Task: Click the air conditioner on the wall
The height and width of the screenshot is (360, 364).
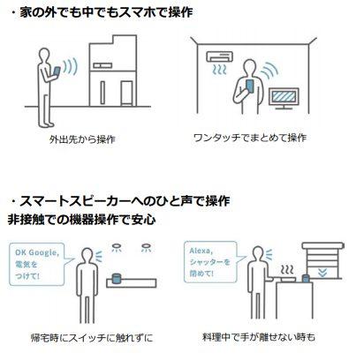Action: coord(220,56)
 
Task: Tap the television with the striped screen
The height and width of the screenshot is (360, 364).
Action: coord(284,98)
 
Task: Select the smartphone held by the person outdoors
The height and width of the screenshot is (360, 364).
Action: coord(57,71)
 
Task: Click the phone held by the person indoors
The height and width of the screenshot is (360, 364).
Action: coord(250,86)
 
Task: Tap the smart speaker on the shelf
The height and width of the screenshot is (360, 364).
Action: coord(117,279)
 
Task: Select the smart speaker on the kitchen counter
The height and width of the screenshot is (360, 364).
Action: coord(307,278)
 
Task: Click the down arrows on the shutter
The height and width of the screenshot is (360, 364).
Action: coord(322,274)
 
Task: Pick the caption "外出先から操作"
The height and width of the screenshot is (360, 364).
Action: coord(82,139)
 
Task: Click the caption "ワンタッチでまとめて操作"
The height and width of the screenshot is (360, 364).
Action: coord(250,138)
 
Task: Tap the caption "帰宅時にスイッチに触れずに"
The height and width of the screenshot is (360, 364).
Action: coord(92,337)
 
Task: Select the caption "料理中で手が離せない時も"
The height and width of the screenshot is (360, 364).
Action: coord(259,336)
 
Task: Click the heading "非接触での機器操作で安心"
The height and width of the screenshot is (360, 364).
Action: coord(81,219)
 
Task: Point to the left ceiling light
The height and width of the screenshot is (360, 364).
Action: coord(117,247)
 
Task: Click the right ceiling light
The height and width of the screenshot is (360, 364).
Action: coord(146,247)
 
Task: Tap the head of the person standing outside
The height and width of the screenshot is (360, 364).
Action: coord(44,56)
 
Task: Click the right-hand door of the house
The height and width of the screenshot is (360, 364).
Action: coord(126,93)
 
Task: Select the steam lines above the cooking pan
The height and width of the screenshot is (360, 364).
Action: coord(287,270)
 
